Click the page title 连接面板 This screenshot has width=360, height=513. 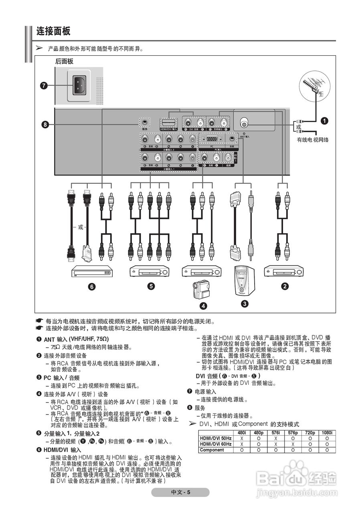pyautogui.click(x=53, y=31)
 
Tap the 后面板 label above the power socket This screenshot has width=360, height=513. pyautogui.click(x=64, y=61)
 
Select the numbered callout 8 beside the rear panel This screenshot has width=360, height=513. pyautogui.click(x=45, y=125)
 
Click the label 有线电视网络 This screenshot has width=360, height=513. pyautogui.click(x=313, y=140)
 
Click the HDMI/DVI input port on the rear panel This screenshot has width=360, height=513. pyautogui.click(x=169, y=122)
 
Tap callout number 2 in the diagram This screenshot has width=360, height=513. pyautogui.click(x=285, y=286)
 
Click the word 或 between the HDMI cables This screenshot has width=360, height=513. pyautogui.click(x=81, y=227)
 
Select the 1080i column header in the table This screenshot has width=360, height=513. pyautogui.click(x=327, y=433)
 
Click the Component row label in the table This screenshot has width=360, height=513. pyautogui.click(x=212, y=450)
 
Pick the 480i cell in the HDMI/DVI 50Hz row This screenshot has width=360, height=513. pyautogui.click(x=242, y=438)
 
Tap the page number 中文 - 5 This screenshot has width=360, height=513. pyautogui.click(x=180, y=493)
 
